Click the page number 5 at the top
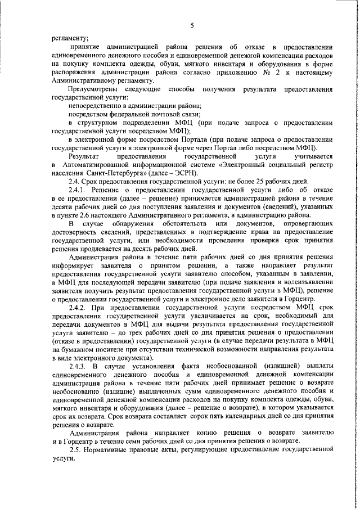(192, 26)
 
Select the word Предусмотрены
(93, 89)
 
